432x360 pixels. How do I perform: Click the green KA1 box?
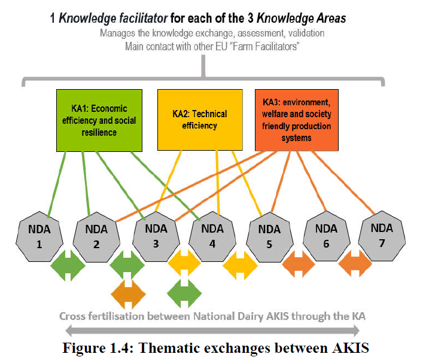(99, 120)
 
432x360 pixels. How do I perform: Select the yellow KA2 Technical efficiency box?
(200, 120)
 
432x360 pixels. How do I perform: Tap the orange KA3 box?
(297, 120)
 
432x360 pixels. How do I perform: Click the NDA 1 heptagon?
(39, 237)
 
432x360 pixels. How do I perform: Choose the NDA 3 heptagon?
(156, 236)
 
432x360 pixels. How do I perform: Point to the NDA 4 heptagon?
(212, 236)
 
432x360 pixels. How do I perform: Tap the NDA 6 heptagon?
(327, 236)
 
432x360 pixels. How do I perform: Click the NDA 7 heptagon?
(382, 236)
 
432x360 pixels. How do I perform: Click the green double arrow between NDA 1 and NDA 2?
(68, 266)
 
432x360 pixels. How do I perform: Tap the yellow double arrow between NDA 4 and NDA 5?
(241, 266)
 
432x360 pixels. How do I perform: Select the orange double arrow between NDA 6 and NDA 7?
(355, 264)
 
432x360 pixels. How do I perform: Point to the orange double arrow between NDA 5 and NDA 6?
(299, 264)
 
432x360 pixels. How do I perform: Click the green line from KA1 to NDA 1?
(57, 184)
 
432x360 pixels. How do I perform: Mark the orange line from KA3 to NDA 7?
(343, 182)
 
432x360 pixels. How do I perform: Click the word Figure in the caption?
(84, 348)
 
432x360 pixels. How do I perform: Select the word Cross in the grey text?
(73, 316)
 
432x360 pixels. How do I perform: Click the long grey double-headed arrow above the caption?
(212, 331)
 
